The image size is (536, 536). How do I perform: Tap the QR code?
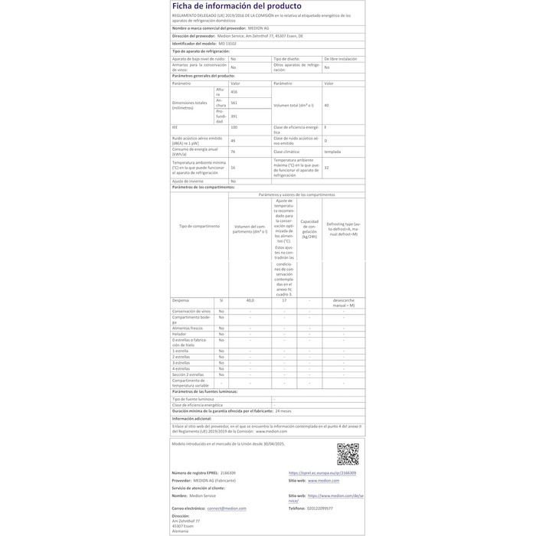point(348,454)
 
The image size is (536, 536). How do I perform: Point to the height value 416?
point(234,91)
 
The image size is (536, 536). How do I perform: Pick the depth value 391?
point(234,116)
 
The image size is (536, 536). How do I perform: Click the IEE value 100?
point(234,127)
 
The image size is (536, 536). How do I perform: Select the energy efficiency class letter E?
point(325,127)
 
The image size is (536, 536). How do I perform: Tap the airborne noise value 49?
point(233,140)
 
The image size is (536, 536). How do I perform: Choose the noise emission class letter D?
point(325,140)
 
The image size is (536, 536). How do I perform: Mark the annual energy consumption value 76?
point(233,152)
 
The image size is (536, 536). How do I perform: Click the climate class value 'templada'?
point(332,152)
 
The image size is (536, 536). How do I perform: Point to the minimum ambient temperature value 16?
point(233,167)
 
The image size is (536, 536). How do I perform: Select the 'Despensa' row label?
point(181,301)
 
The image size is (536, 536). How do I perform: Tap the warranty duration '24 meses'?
point(283,411)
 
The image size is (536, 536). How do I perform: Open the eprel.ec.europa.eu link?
point(322,473)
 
